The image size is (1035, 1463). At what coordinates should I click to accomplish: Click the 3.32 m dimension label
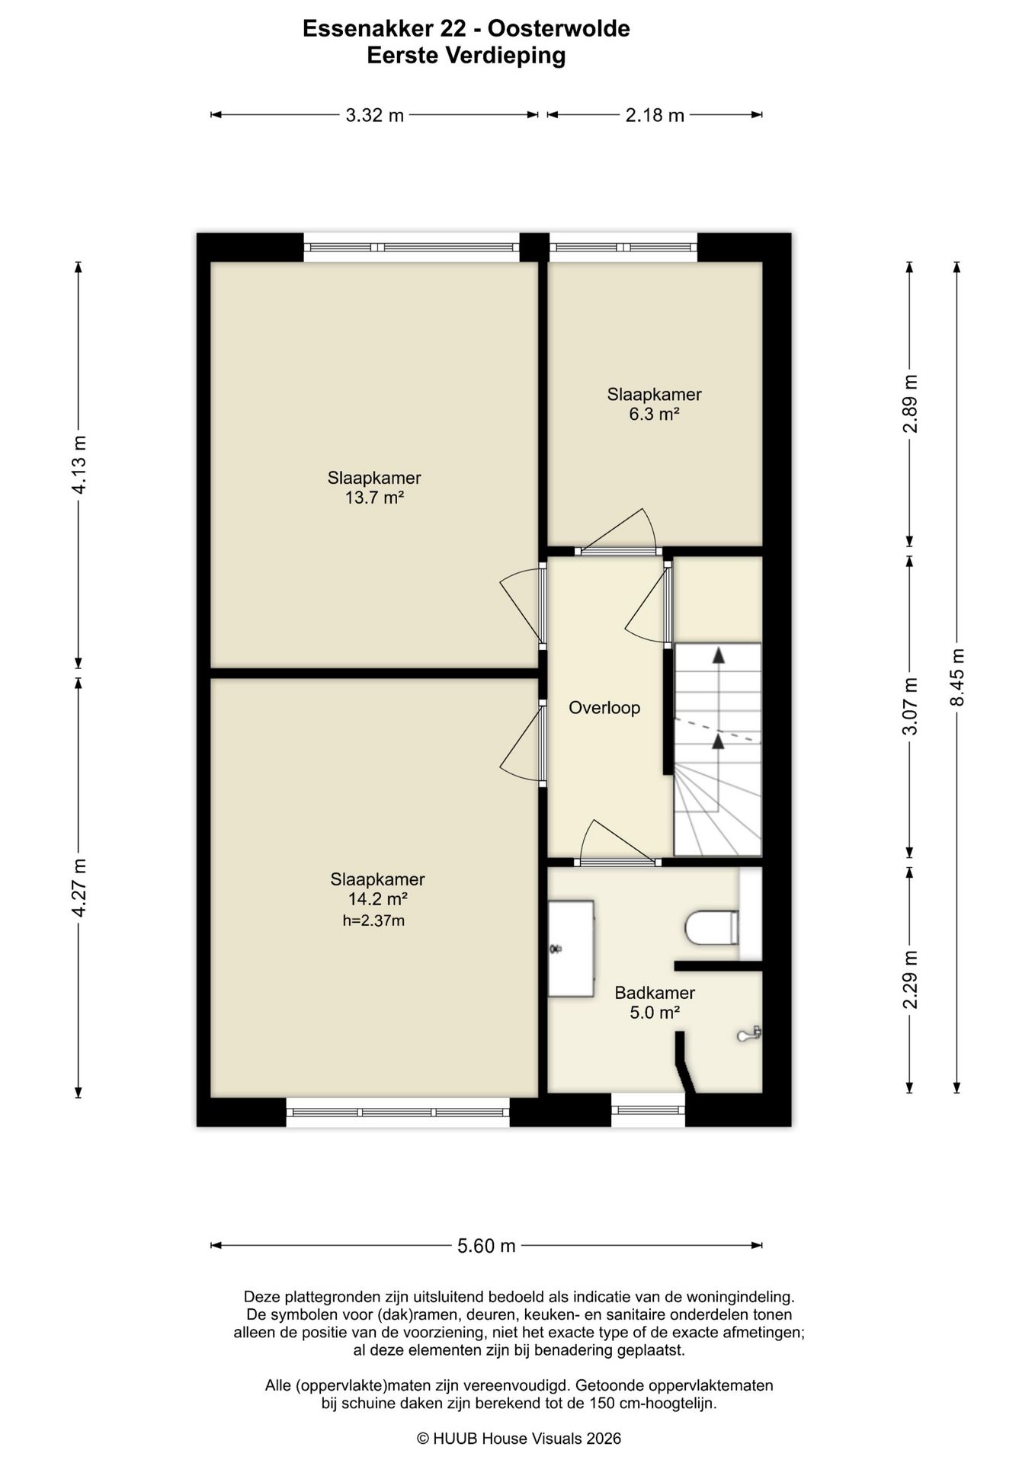pyautogui.click(x=374, y=115)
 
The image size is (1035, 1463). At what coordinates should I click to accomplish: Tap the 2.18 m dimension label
pyautogui.click(x=655, y=115)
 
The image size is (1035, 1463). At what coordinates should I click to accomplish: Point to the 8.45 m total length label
pyautogui.click(x=957, y=677)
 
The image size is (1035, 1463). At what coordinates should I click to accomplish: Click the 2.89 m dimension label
pyautogui.click(x=910, y=404)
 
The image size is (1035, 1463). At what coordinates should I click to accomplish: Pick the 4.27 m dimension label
pyautogui.click(x=79, y=888)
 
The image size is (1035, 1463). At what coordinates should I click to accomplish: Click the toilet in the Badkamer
pyautogui.click(x=712, y=927)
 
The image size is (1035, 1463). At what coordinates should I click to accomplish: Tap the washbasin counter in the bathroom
pyautogui.click(x=571, y=949)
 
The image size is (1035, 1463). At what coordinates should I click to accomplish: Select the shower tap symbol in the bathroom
pyautogui.click(x=749, y=1034)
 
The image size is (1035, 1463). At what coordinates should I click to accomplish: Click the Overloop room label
pyautogui.click(x=604, y=708)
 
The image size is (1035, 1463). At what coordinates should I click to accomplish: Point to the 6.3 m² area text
pyautogui.click(x=654, y=415)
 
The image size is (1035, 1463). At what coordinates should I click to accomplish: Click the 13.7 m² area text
pyautogui.click(x=374, y=498)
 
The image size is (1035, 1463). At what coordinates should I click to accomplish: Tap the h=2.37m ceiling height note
pyautogui.click(x=373, y=920)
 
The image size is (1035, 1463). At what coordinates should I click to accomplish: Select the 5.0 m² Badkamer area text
pyautogui.click(x=655, y=1013)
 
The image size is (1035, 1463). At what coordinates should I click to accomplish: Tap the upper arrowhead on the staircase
pyautogui.click(x=718, y=655)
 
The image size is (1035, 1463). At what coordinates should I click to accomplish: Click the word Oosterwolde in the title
pyautogui.click(x=559, y=29)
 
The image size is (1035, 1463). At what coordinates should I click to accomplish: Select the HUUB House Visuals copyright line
pyautogui.click(x=519, y=1438)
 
